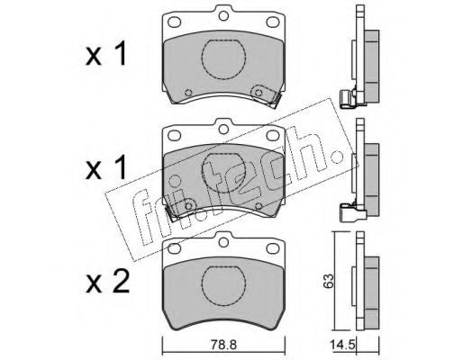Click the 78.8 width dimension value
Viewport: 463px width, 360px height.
[223, 345]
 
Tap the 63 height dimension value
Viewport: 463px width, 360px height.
[329, 281]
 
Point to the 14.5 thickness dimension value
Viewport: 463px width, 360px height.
[342, 345]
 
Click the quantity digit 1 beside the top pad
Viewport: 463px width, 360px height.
[120, 55]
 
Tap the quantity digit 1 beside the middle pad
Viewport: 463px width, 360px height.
[120, 168]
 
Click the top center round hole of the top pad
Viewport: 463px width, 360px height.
[223, 16]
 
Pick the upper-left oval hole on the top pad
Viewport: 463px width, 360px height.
[174, 22]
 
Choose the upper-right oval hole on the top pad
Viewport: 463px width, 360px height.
[273, 22]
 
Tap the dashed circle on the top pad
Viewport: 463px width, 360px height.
[223, 59]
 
